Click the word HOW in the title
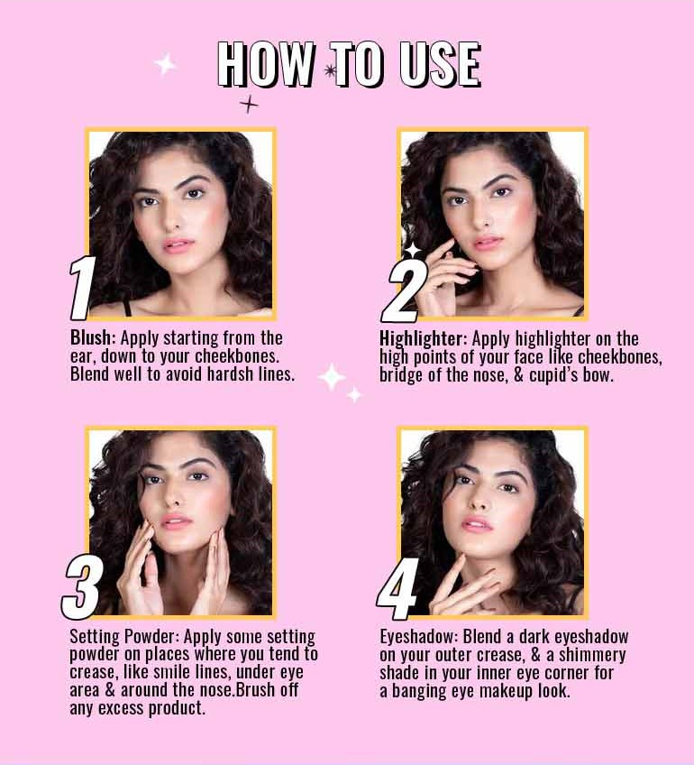pyautogui.click(x=265, y=64)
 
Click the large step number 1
pyautogui.click(x=82, y=290)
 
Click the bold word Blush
pyautogui.click(x=92, y=338)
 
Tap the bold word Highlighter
pyautogui.click(x=422, y=339)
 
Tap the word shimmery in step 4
pyautogui.click(x=591, y=655)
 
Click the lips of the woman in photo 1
pyautogui.click(x=178, y=244)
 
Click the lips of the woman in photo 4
pyautogui.click(x=477, y=524)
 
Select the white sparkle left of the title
pyautogui.click(x=165, y=64)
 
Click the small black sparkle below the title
pyautogui.click(x=249, y=105)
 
